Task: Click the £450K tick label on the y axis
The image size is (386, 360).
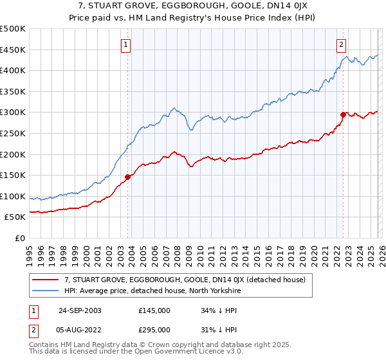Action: point(13,50)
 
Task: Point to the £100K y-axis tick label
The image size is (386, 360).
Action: point(13,196)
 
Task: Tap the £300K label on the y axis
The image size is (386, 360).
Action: point(13,113)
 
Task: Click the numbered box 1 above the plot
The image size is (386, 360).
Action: point(125,44)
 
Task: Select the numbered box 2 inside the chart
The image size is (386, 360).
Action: point(340,44)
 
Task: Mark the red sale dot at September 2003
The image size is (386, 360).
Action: point(128,177)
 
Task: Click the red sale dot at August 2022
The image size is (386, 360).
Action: point(343,114)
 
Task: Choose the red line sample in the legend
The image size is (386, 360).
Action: point(46,280)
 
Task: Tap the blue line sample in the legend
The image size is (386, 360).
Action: point(46,291)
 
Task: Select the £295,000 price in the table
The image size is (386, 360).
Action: point(154,329)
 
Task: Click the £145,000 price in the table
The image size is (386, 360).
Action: point(154,310)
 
